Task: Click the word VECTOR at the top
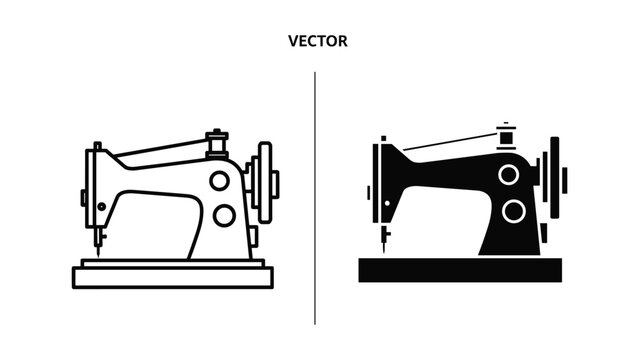317,42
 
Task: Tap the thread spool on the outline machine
215,143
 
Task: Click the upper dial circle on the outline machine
220,180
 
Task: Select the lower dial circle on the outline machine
224,214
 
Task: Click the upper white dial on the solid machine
509,174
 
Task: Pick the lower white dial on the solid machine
514,211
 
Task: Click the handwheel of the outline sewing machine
264,182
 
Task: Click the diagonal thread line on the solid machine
450,141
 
